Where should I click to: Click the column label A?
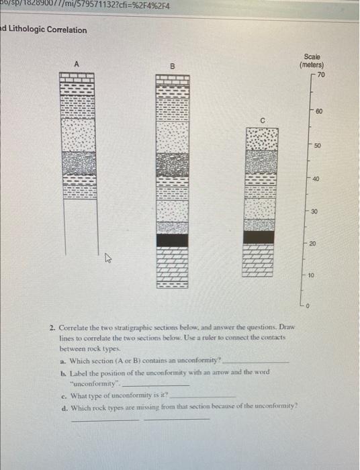click(x=77, y=63)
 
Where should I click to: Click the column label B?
click(x=171, y=67)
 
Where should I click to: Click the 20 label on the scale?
click(x=312, y=243)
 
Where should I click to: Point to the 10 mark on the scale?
click(x=310, y=275)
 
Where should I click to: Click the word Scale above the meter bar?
click(x=312, y=57)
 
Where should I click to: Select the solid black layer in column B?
click(x=173, y=240)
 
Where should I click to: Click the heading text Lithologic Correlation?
click(x=47, y=30)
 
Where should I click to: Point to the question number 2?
click(x=52, y=328)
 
